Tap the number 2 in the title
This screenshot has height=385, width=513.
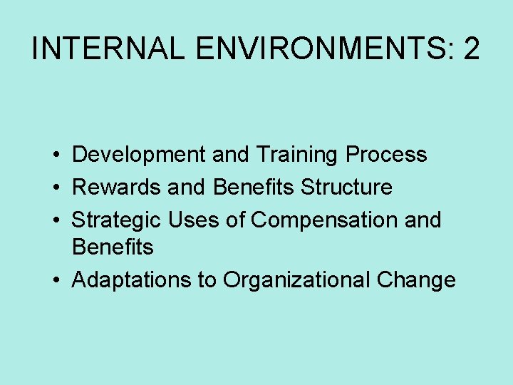pos(471,48)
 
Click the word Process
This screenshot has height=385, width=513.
pos(386,155)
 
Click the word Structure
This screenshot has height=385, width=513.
pos(346,187)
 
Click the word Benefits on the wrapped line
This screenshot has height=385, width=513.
pos(113,247)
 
